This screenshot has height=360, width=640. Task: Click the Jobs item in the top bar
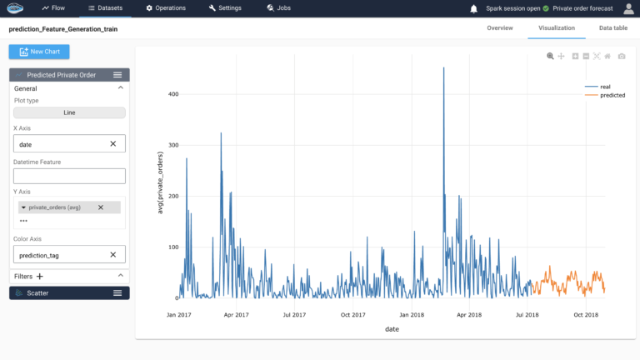(279, 8)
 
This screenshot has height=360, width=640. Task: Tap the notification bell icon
(474, 8)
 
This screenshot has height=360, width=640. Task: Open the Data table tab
(613, 27)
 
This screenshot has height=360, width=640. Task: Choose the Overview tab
(499, 27)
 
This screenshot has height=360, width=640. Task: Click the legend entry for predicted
(606, 95)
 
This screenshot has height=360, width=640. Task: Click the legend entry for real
(603, 86)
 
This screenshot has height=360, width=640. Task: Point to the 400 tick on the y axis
(173, 94)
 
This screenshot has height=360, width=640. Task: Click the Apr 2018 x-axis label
(469, 315)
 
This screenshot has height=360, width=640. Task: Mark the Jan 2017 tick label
(178, 315)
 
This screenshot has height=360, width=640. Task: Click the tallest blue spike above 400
(443, 69)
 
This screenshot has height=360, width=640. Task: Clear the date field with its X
(113, 144)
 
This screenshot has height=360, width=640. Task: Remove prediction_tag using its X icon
(113, 255)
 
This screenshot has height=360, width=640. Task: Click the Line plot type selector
(69, 112)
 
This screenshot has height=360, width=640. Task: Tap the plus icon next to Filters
(39, 276)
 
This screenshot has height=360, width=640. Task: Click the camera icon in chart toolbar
(621, 56)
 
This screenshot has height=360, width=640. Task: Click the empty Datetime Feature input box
(69, 176)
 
